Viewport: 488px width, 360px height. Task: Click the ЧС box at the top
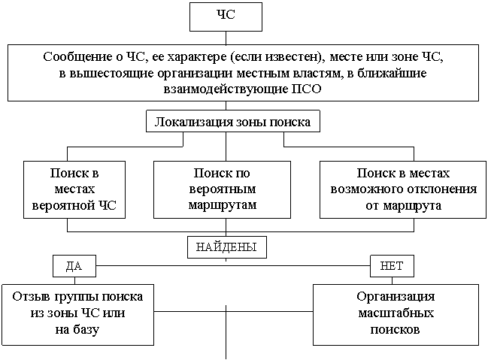pyautogui.click(x=226, y=17)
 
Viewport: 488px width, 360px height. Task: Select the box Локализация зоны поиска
pyautogui.click(x=232, y=121)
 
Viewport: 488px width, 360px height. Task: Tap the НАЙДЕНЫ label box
pyautogui.click(x=226, y=247)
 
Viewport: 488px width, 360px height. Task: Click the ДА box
pyautogui.click(x=74, y=266)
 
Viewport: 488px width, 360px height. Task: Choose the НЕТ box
pyautogui.click(x=392, y=266)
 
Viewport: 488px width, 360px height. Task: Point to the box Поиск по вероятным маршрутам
pyautogui.click(x=221, y=189)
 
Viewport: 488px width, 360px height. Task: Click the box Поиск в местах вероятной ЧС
pyautogui.click(x=74, y=189)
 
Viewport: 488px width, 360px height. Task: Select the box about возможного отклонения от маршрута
pyautogui.click(x=403, y=189)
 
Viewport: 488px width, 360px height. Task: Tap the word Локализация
pyautogui.click(x=192, y=121)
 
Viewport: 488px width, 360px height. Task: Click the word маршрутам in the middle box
pyautogui.click(x=221, y=204)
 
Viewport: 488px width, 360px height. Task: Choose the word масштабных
pyautogui.click(x=395, y=313)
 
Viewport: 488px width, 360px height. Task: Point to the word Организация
pyautogui.click(x=395, y=297)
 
